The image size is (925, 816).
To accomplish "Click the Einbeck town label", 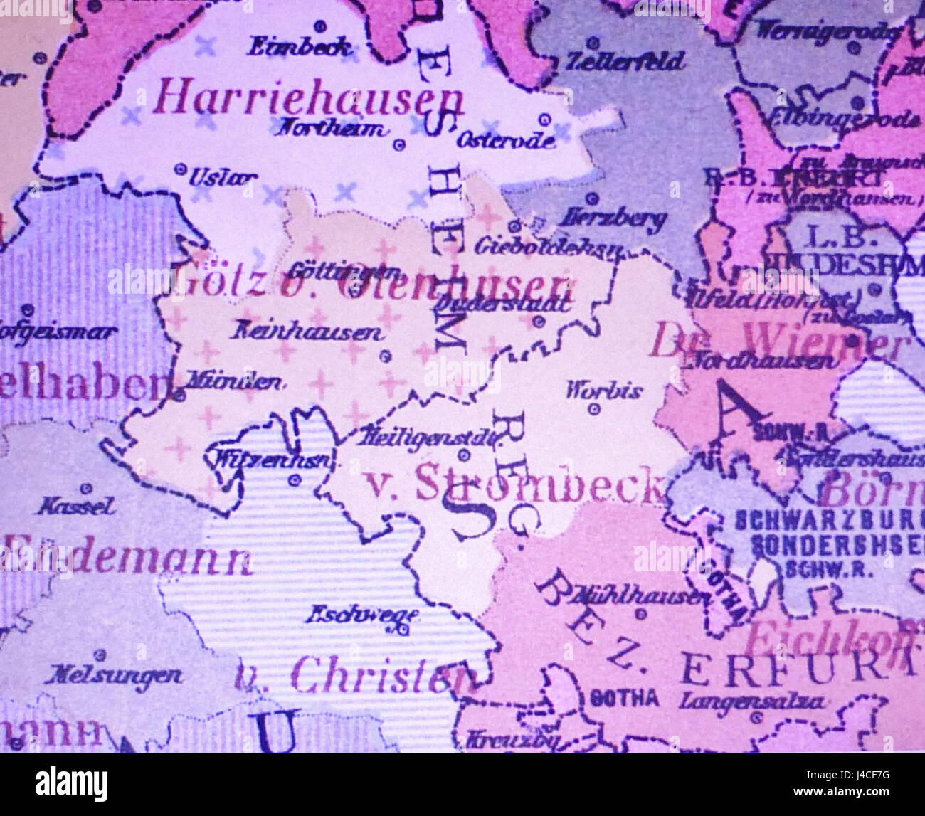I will click(x=299, y=48).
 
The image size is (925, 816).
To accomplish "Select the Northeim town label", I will click(x=332, y=129).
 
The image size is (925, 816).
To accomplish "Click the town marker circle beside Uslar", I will click(x=180, y=169).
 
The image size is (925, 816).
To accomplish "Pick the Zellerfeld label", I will click(x=625, y=61).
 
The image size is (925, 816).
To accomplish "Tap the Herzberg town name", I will click(x=613, y=218).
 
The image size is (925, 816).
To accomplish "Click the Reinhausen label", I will click(x=307, y=332).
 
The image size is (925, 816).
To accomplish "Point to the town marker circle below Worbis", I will click(x=594, y=409).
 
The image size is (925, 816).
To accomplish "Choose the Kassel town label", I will click(x=75, y=507).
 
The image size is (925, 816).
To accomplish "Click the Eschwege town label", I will click(x=361, y=614).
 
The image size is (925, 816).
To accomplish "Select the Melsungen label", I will click(x=113, y=674).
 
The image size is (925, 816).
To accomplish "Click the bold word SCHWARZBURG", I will click(x=829, y=519).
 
